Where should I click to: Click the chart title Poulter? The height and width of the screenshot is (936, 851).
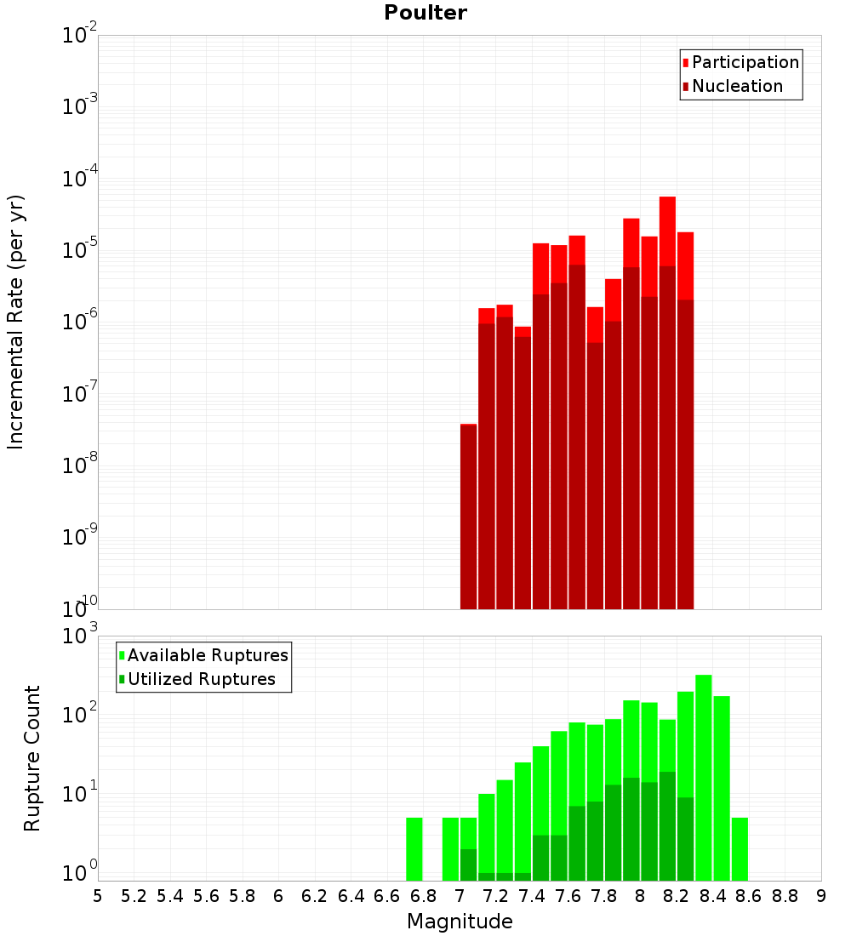pos(425,13)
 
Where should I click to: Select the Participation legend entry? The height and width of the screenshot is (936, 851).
pos(740,62)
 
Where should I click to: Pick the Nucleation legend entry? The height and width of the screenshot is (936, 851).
pos(733,86)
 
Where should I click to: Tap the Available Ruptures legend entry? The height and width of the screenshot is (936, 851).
pos(203,655)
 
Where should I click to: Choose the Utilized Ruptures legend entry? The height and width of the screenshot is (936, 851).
pos(197,679)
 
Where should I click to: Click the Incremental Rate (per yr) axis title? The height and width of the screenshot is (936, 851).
pos(15,322)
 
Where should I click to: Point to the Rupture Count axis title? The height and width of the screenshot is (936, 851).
pos(31,758)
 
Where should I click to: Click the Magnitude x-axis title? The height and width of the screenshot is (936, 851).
pos(460,921)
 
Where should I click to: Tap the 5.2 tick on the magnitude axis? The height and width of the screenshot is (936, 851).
pos(134,896)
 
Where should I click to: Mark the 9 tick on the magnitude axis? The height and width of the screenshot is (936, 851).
pos(821,896)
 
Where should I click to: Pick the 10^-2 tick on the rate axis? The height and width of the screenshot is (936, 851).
pos(79,34)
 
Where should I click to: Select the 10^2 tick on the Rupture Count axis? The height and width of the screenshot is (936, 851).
pos(79,713)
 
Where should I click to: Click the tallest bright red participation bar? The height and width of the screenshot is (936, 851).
pos(667,231)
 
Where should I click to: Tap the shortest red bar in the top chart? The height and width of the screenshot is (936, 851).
pos(468,517)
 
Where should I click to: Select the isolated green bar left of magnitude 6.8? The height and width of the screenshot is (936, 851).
pos(414,849)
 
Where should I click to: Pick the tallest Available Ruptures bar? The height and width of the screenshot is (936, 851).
pos(704,778)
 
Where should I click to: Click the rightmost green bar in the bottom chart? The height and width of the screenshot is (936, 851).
pos(740,849)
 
